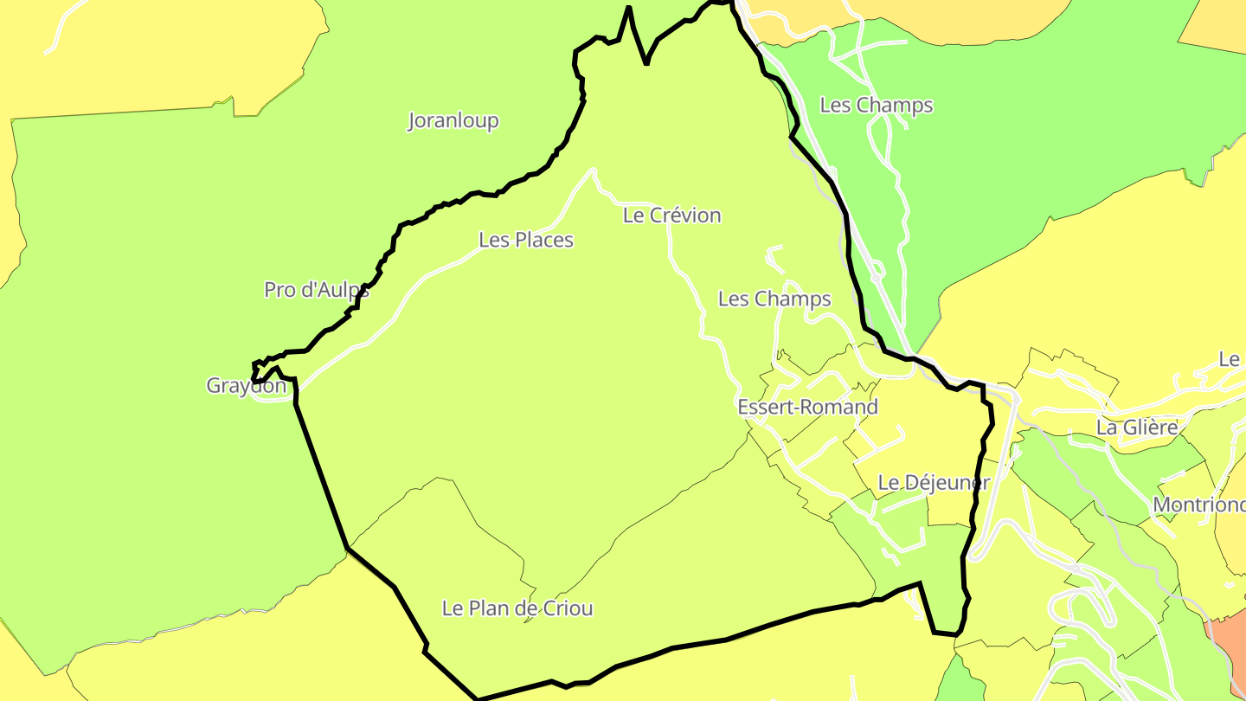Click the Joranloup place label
pyautogui.click(x=453, y=120)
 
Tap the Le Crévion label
pyautogui.click(x=671, y=215)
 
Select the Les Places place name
pyautogui.click(x=526, y=240)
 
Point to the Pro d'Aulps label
pyautogui.click(x=317, y=290)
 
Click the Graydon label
pyautogui.click(x=246, y=386)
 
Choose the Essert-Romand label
pyautogui.click(x=807, y=407)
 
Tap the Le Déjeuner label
pyautogui.click(x=933, y=483)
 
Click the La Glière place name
pyautogui.click(x=1137, y=428)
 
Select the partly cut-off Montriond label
pyautogui.click(x=1198, y=505)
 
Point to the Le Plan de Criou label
pyautogui.click(x=517, y=608)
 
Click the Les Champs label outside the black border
pyautogui.click(x=877, y=106)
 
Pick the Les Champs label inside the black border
pyautogui.click(x=774, y=299)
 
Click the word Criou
pyautogui.click(x=568, y=608)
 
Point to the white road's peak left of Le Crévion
pyautogui.click(x=594, y=170)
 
